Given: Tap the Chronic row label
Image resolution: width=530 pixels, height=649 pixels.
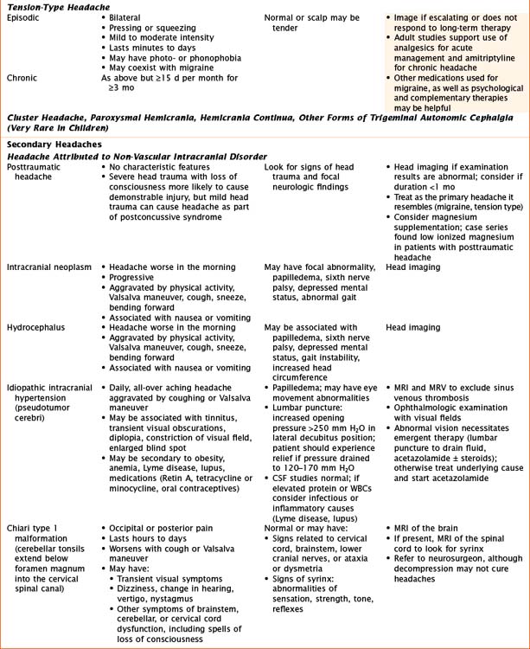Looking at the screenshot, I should click(x=22, y=78).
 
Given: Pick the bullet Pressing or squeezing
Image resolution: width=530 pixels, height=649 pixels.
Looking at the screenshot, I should click(x=156, y=28).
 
